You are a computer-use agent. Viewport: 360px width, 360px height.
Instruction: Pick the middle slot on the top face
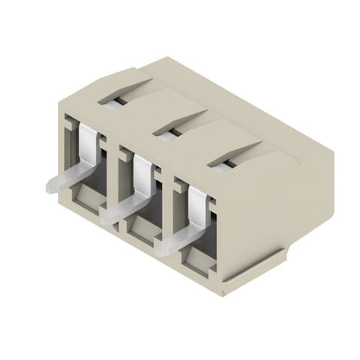(x=166, y=131)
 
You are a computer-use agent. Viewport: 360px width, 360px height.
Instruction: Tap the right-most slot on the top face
(x=223, y=158)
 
